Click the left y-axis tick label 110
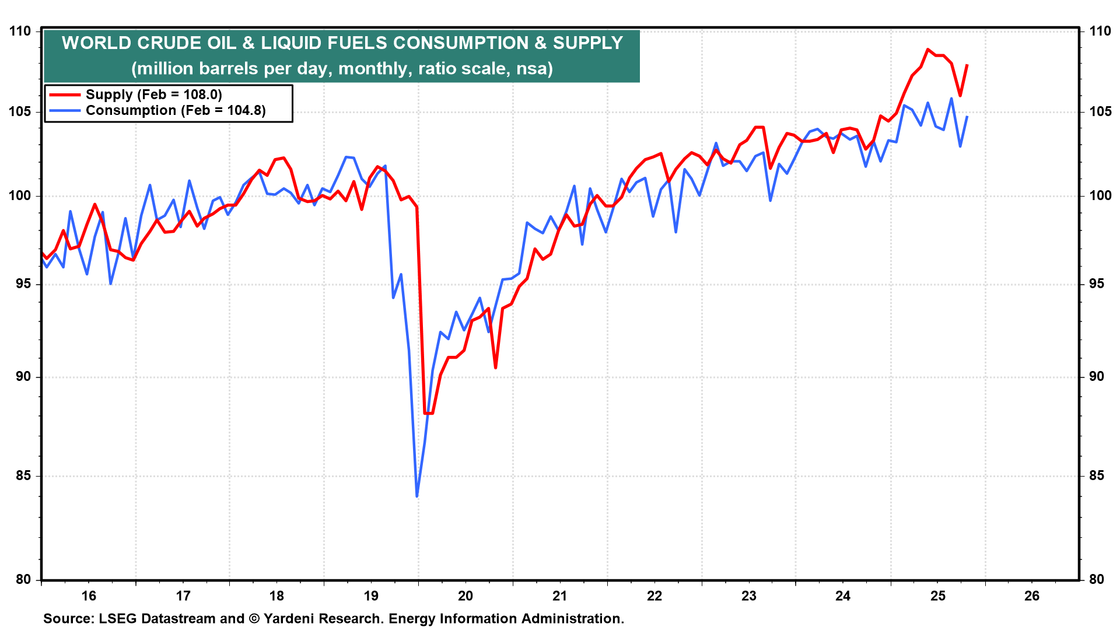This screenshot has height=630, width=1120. click(x=20, y=31)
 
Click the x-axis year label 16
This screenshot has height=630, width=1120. click(x=89, y=596)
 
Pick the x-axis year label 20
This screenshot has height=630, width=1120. click(x=466, y=596)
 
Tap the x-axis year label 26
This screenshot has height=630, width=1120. click(x=1032, y=596)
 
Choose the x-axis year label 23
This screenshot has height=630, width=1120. click(x=748, y=596)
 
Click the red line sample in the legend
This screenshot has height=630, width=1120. click(x=64, y=94)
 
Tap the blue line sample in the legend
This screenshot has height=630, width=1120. click(x=64, y=111)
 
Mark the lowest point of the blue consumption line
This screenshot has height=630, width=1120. click(x=417, y=496)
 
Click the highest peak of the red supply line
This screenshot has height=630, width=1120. click(x=928, y=50)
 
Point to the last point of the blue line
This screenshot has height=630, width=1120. click(x=967, y=117)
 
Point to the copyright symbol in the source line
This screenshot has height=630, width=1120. click(x=253, y=619)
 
